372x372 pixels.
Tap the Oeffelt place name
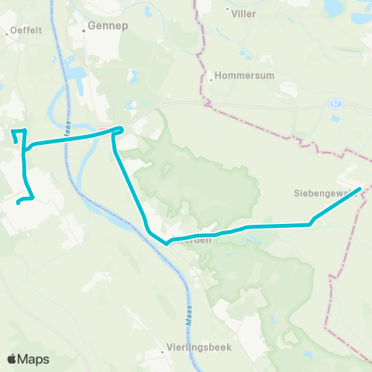(25, 31)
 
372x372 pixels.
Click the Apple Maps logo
(28, 359)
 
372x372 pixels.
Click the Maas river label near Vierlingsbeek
(188, 315)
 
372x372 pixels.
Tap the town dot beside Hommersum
(211, 78)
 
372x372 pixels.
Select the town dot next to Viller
(228, 12)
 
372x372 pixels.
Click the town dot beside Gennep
(84, 30)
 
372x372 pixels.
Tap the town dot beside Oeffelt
(7, 31)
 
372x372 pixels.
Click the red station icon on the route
(104, 129)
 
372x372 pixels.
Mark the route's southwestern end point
(17, 204)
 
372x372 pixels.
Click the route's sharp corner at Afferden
(166, 243)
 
